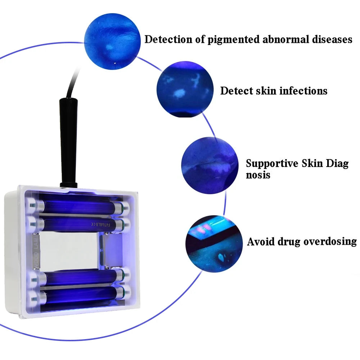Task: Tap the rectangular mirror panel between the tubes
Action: (68, 248)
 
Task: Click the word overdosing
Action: (330, 242)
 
